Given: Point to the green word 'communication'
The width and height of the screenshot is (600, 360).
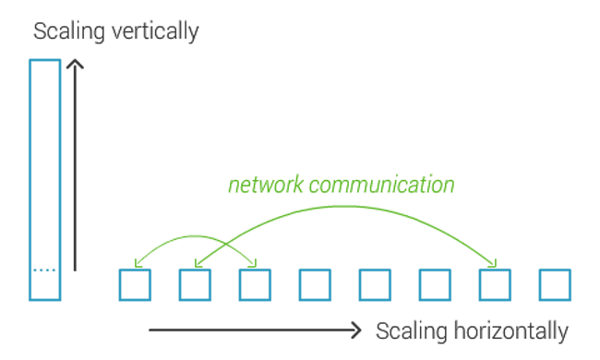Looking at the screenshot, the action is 382,185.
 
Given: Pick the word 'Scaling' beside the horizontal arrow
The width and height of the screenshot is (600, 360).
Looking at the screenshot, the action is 407,330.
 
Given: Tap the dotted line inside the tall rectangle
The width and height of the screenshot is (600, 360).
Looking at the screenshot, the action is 45,270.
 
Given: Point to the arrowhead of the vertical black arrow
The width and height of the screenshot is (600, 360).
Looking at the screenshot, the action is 76,66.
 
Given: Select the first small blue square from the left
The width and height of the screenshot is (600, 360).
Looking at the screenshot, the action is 135,285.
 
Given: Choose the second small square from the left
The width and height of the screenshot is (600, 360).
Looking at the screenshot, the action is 195,285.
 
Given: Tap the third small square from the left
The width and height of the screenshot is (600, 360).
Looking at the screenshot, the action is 255,285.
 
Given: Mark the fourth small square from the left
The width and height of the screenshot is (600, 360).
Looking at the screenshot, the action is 315,285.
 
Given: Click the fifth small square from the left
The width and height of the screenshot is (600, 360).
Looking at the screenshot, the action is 375,285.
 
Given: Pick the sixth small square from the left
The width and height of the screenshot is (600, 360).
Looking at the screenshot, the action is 435,285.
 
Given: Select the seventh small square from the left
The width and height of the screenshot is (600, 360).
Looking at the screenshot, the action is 495,285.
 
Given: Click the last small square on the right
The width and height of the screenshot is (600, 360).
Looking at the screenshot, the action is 555,285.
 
